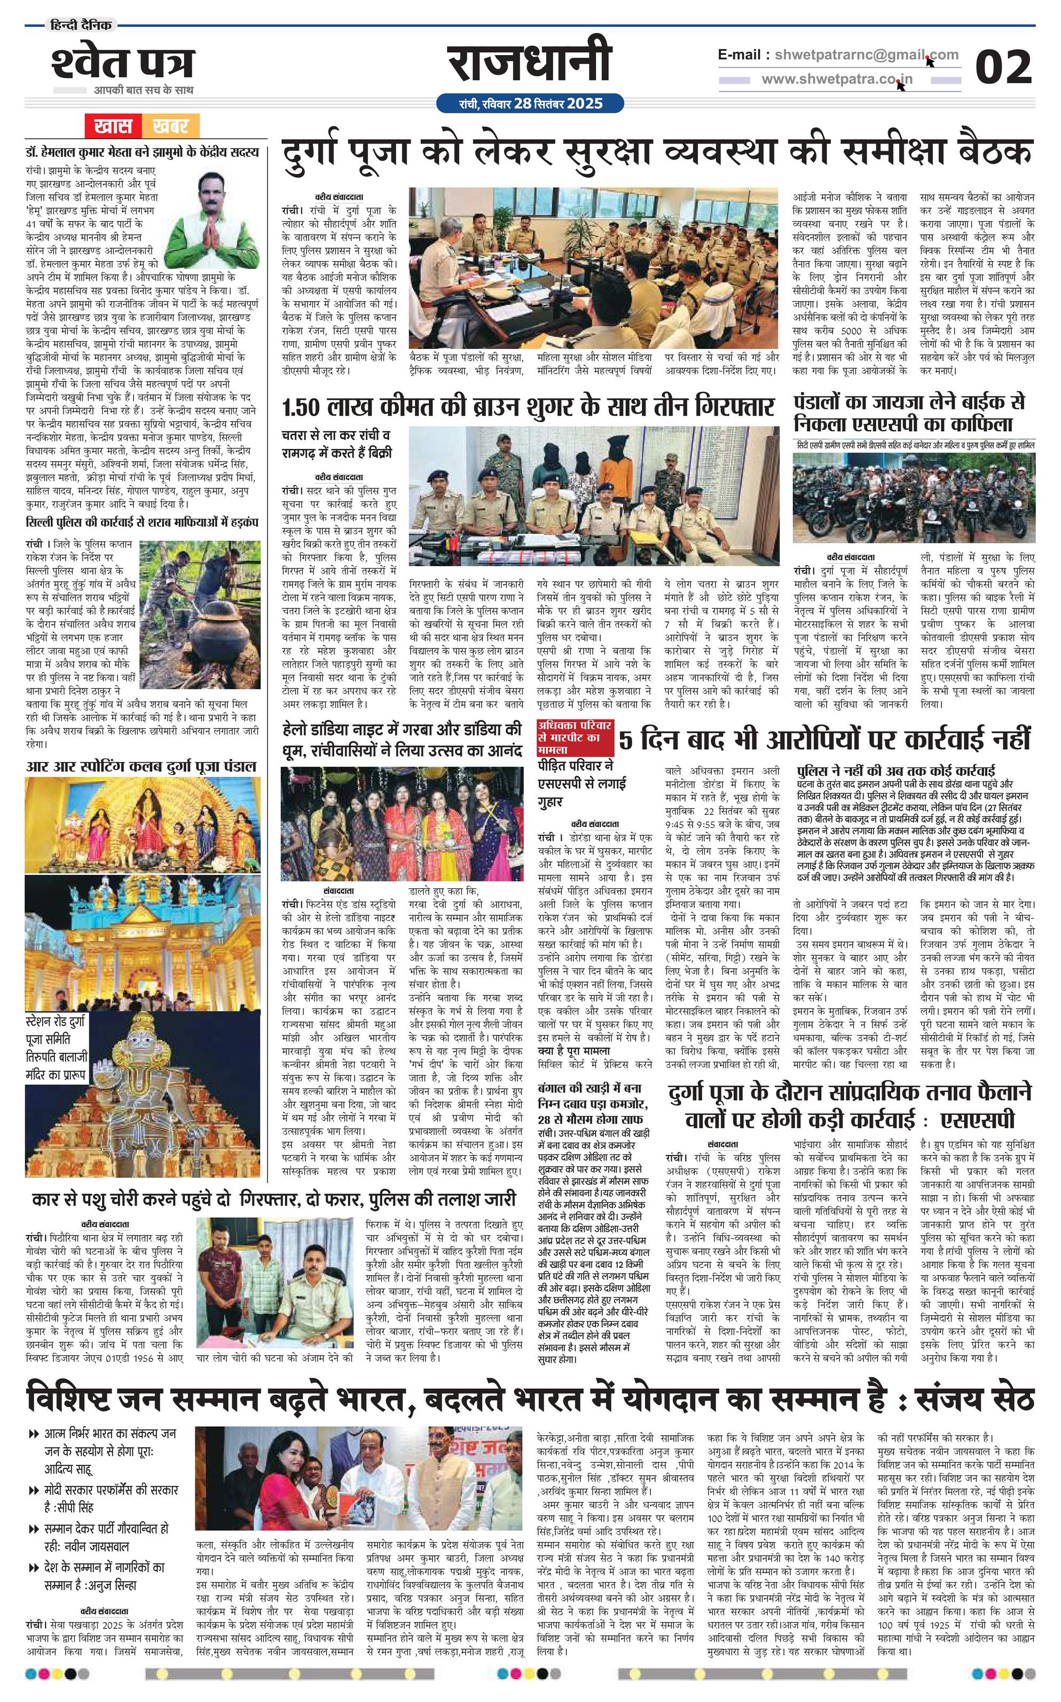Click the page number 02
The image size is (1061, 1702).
click(x=1003, y=67)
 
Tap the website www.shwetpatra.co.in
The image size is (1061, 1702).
click(x=837, y=80)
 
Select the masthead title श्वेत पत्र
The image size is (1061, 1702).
click(x=122, y=64)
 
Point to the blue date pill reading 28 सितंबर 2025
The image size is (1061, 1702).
click(x=530, y=104)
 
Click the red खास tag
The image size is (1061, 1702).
click(x=112, y=126)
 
